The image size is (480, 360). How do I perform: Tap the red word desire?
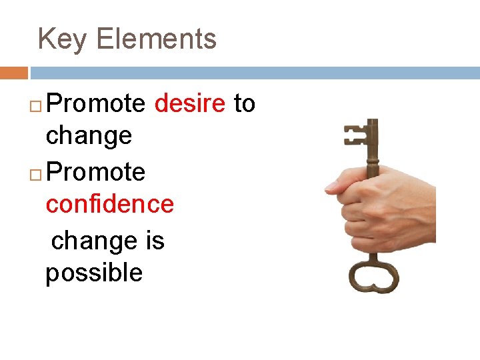[190, 104]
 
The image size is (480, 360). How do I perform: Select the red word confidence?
[109, 204]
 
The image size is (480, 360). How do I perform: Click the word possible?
[94, 273]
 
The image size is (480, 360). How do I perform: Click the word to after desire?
[244, 104]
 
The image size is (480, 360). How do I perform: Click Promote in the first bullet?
[97, 104]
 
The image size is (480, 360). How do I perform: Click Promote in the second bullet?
[97, 172]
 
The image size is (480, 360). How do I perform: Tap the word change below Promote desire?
[89, 136]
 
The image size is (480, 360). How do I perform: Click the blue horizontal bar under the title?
[253, 73]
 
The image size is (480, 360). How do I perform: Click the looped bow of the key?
[373, 275]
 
